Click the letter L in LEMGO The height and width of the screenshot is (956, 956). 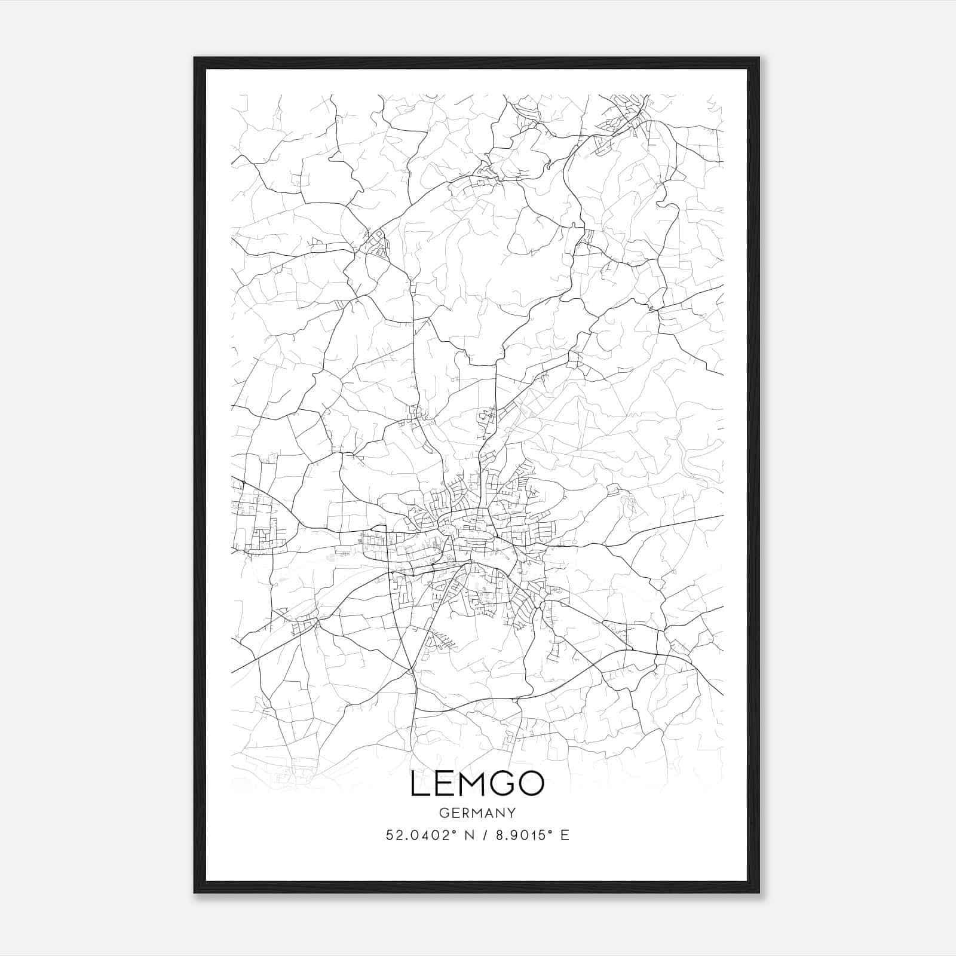pyautogui.click(x=418, y=785)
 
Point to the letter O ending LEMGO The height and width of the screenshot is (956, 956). pyautogui.click(x=531, y=785)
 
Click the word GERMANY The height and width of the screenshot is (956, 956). pyautogui.click(x=477, y=813)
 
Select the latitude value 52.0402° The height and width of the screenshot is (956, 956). pyautogui.click(x=418, y=835)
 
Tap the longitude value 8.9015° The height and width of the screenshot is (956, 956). pyautogui.click(x=519, y=835)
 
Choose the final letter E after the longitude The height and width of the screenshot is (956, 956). pyautogui.click(x=565, y=835)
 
